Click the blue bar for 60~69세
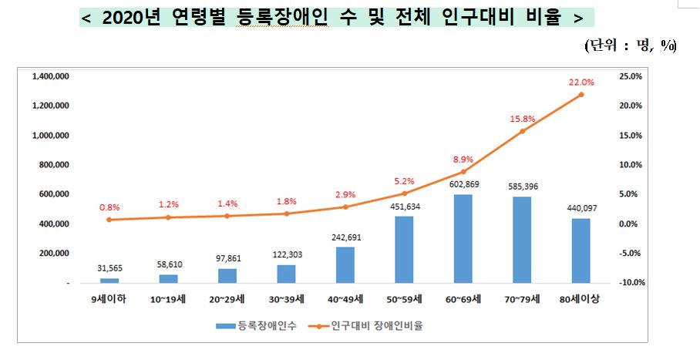point(463,239)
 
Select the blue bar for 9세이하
point(109,281)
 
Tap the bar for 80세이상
point(581,251)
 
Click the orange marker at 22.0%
point(581,95)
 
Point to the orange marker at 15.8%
point(522,131)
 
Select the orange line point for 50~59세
point(404,193)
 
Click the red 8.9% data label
point(463,159)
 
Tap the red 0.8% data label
point(109,207)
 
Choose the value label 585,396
point(522,186)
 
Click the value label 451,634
point(404,206)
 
